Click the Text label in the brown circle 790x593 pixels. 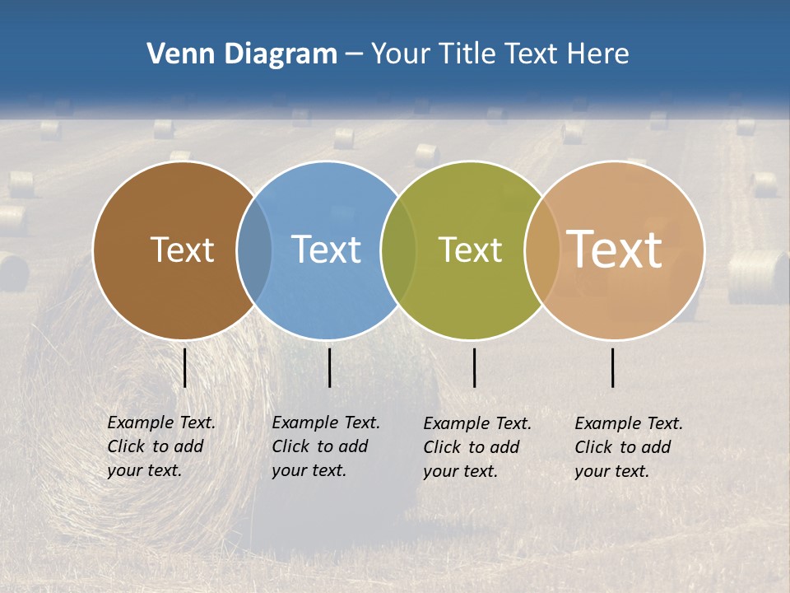coord(182,250)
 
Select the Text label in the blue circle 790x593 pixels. coord(327,250)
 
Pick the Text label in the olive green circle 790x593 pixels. coord(470,250)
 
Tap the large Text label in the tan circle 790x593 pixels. coord(615,250)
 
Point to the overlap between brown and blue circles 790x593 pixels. coord(254,250)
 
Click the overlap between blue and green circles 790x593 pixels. coord(398,250)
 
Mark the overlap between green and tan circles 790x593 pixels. coord(542,250)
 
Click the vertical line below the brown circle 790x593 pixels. coord(185,367)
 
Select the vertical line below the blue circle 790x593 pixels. coord(329,367)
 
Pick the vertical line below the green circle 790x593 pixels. coord(475,367)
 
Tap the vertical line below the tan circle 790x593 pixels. coord(613,367)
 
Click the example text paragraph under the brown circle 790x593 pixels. coord(160,446)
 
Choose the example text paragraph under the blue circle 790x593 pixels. coord(325,446)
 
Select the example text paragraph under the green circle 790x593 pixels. coord(476,447)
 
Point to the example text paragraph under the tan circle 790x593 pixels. coord(628,447)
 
